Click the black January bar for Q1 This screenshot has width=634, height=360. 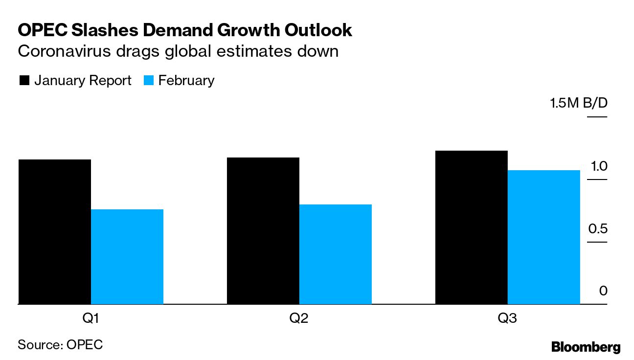[55, 232]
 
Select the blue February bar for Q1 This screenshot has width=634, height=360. [127, 257]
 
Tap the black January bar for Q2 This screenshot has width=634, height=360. [263, 231]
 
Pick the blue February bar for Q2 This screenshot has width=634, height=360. [336, 254]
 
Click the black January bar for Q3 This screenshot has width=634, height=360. [471, 227]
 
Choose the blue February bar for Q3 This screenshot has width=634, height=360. [543, 237]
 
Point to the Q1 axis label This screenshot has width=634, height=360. [91, 319]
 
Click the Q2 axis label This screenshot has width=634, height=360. [299, 319]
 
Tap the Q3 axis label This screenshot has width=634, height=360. [507, 319]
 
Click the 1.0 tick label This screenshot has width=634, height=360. [599, 166]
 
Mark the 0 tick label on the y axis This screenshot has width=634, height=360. [603, 291]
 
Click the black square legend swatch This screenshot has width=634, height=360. [24, 81]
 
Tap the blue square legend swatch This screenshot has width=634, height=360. [149, 81]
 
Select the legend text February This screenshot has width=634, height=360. [186, 81]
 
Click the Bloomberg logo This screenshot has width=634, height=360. [586, 347]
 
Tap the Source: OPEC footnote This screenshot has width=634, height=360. [60, 344]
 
